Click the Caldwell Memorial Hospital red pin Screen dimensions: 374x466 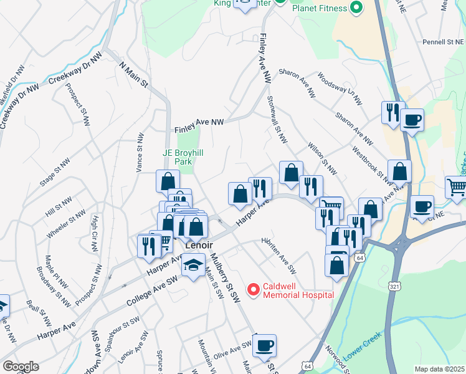pyautogui.click(x=253, y=289)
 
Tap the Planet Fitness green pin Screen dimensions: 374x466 pyautogui.click(x=356, y=7)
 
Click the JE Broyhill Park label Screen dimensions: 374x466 pyautogui.click(x=184, y=156)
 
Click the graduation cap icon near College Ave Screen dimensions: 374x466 pyautogui.click(x=193, y=266)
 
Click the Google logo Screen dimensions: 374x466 pyautogui.click(x=20, y=367)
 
